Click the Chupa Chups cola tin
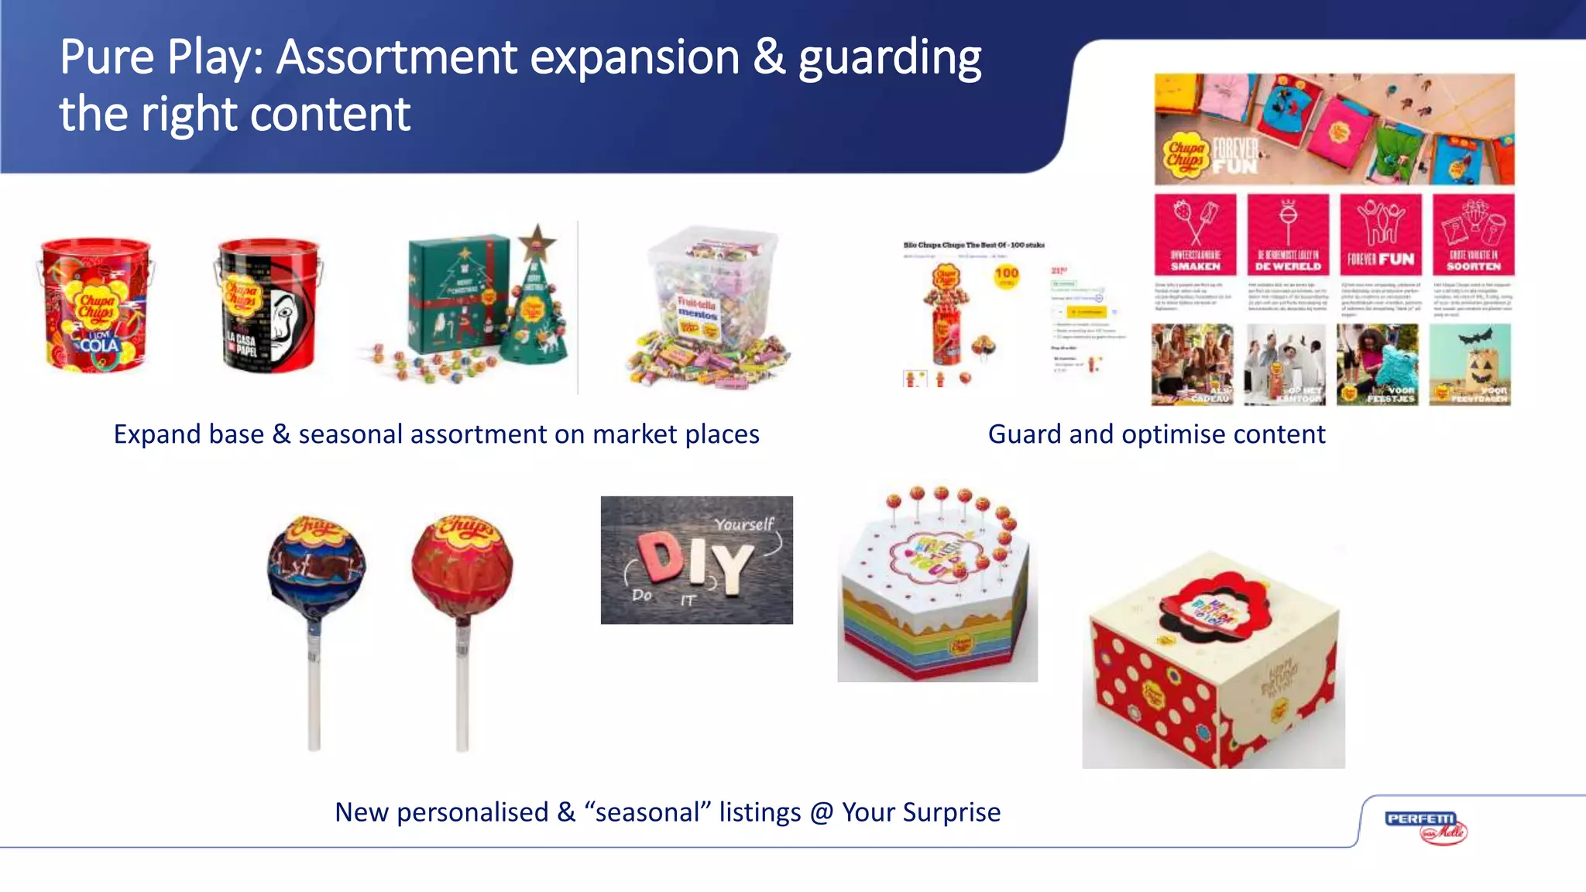point(94,306)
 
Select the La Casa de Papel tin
point(267,306)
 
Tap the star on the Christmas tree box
point(537,242)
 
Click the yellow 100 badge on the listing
point(1006,275)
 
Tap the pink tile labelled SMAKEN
point(1195,235)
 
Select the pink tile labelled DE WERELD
point(1288,235)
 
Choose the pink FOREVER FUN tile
point(1381,235)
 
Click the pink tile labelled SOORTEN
point(1473,235)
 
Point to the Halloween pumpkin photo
point(1469,364)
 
